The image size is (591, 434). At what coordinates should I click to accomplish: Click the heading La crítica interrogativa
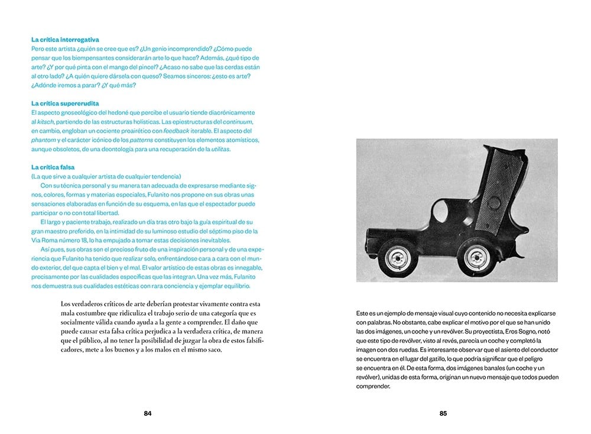[65, 40]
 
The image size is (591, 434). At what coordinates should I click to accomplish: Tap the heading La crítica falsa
[53, 167]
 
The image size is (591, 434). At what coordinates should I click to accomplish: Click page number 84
[148, 413]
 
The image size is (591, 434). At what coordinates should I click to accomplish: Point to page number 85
[443, 413]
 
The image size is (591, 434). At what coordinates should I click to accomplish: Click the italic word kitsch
[45, 121]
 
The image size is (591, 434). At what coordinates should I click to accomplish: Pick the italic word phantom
[43, 140]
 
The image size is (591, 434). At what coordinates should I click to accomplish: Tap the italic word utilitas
[220, 149]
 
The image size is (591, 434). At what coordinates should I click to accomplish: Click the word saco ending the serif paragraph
[210, 350]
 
